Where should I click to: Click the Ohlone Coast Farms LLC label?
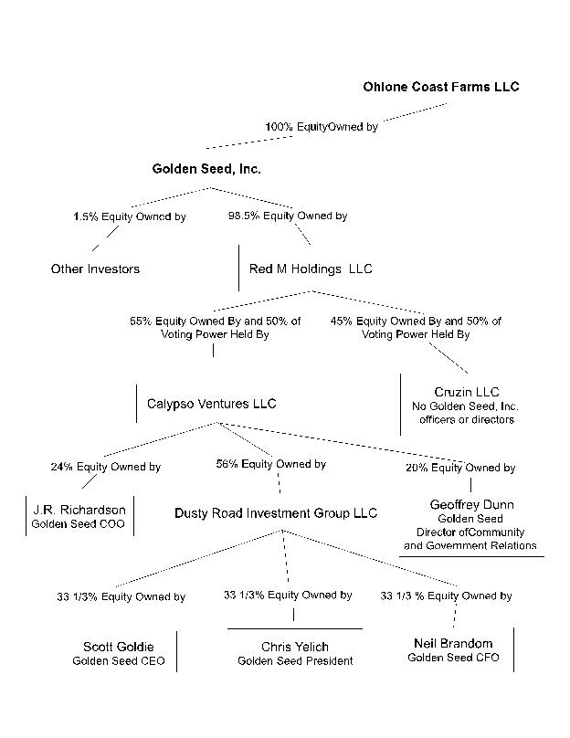click(x=440, y=87)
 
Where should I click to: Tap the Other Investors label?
click(x=95, y=269)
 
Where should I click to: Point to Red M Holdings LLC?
click(x=311, y=269)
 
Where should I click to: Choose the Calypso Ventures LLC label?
click(x=211, y=403)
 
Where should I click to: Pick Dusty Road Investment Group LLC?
click(x=276, y=513)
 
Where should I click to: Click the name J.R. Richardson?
click(x=78, y=509)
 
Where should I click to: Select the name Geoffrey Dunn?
click(x=471, y=504)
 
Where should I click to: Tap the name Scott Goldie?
click(x=119, y=647)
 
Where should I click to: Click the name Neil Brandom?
click(x=453, y=643)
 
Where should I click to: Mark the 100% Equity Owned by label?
click(x=321, y=127)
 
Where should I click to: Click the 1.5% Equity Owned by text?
click(x=129, y=216)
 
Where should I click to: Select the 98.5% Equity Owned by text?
click(x=288, y=216)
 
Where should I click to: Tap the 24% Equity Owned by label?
click(x=105, y=467)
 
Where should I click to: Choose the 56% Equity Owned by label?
click(x=270, y=464)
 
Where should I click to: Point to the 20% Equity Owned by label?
click(x=460, y=468)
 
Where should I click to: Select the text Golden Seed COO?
click(x=78, y=524)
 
